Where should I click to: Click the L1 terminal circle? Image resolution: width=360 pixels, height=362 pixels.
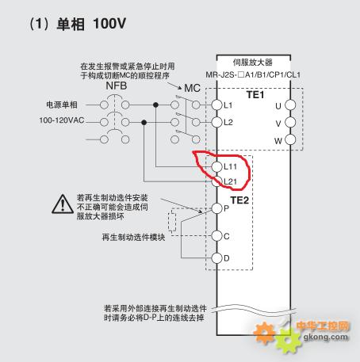[216, 105]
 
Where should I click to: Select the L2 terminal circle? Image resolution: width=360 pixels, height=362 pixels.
[216, 122]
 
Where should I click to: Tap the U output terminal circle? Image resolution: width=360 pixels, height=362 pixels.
[290, 105]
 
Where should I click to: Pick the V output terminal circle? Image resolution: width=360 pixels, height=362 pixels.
[290, 122]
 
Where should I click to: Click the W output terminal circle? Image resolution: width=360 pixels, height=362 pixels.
[290, 139]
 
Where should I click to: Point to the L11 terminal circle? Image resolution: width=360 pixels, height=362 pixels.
[216, 166]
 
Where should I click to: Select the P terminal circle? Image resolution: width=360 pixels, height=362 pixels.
[216, 208]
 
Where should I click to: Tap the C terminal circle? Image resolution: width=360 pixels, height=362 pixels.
[216, 236]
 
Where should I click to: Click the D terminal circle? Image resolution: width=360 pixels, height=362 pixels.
[216, 258]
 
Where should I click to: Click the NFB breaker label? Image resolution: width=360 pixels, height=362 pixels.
[117, 86]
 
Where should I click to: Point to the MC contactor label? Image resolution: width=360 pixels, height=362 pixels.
[192, 88]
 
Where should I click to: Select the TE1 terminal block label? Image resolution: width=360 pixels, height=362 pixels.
[255, 95]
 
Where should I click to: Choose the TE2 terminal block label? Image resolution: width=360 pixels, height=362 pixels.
[239, 200]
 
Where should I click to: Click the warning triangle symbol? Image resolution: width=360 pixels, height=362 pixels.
[63, 204]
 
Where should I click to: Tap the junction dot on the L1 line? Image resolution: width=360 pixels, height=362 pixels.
[155, 105]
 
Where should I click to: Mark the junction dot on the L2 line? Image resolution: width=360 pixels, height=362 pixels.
[144, 123]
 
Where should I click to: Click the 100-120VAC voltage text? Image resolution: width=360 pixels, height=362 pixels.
[62, 120]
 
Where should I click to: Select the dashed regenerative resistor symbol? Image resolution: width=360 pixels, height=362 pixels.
[172, 222]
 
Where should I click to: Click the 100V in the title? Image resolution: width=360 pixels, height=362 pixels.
[109, 24]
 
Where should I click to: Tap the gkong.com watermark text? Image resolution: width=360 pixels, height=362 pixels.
[326, 337]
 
